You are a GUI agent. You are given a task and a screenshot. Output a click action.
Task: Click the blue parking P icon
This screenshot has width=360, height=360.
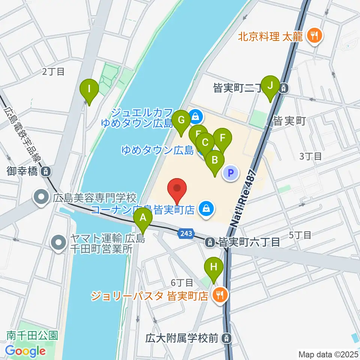[231, 173]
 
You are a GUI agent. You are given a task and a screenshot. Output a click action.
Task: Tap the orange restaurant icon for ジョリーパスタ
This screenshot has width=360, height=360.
[220, 295]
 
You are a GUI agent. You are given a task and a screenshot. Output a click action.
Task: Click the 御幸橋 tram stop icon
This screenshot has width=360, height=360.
[45, 172]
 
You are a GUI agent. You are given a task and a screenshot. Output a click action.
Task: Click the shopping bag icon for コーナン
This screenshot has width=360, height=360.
[205, 207]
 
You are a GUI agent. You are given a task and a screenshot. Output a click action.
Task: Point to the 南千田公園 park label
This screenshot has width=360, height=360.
[32, 335]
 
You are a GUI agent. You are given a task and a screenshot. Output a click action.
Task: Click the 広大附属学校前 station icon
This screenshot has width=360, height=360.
[226, 338]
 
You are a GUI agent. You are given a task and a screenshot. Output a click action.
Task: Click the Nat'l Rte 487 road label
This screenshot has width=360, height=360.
[243, 199]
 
